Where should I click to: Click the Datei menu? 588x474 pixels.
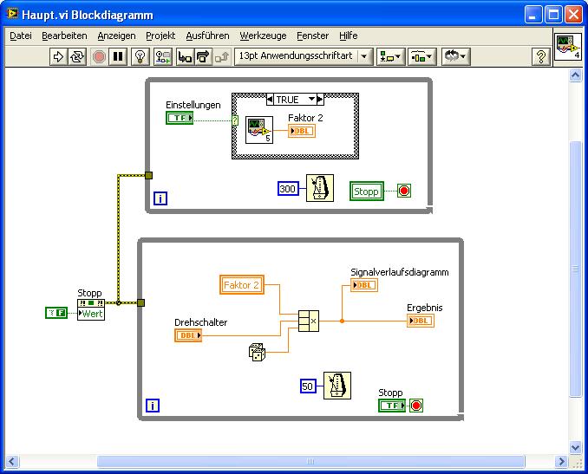(21, 36)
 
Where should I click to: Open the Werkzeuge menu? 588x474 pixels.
(263, 36)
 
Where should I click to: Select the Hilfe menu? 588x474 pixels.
(348, 36)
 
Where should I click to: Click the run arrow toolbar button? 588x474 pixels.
(58, 57)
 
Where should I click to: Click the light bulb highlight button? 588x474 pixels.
(140, 57)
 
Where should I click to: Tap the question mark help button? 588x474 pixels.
(541, 57)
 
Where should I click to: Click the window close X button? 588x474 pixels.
(573, 15)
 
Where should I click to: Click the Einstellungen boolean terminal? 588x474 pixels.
(180, 118)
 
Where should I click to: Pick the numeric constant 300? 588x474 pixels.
(288, 189)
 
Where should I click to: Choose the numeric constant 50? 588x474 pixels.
(308, 386)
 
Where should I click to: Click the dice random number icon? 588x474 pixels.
(257, 352)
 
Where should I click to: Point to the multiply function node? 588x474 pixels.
(309, 321)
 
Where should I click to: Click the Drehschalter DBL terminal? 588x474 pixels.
(188, 335)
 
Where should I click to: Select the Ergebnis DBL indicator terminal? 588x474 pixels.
(421, 321)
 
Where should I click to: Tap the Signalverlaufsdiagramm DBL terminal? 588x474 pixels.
(364, 285)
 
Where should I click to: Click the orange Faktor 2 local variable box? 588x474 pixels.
(242, 285)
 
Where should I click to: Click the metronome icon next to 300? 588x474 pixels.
(320, 188)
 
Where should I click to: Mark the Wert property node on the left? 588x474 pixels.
(91, 310)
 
